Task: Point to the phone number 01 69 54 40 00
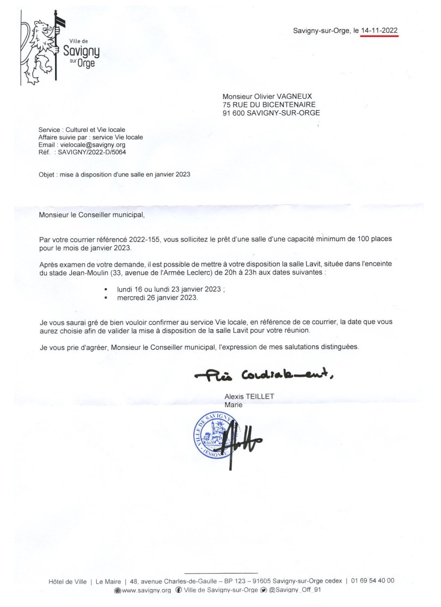coord(373,581)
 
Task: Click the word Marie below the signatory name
coord(233,405)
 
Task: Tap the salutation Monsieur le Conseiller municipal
coord(92,215)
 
